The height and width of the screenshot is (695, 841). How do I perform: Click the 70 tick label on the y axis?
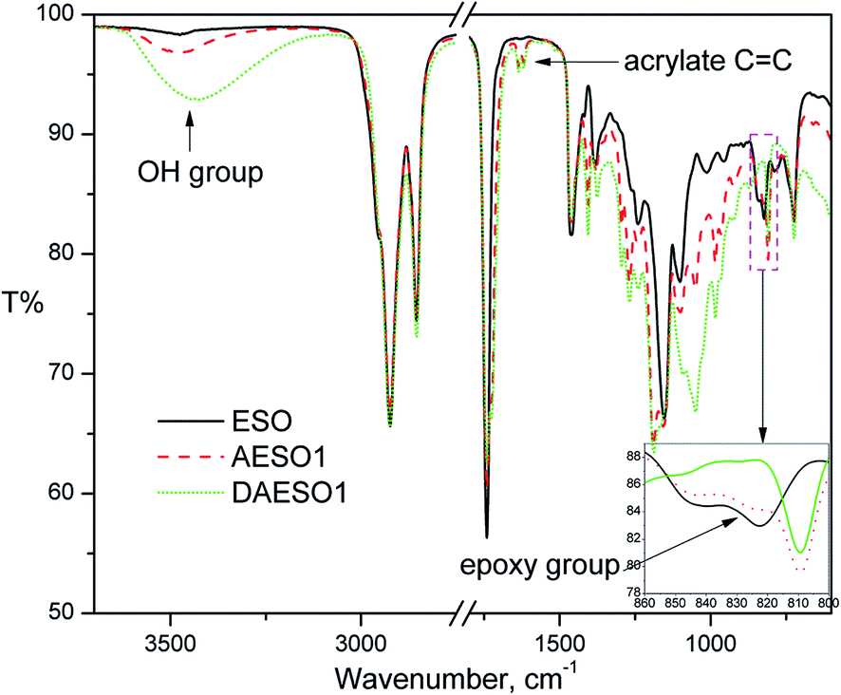76,374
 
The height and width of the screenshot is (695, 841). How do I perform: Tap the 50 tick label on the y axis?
76,612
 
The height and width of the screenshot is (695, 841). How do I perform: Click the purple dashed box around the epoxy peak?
764,202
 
